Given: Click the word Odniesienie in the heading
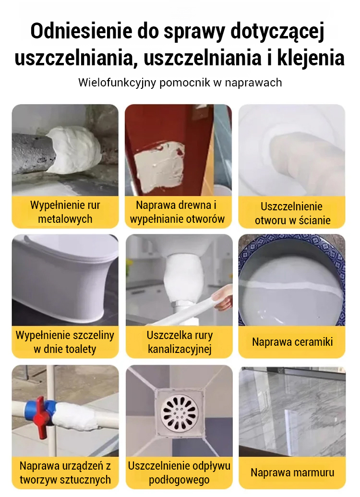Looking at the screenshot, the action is [x=81, y=31].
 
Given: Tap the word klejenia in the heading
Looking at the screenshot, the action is [x=311, y=58].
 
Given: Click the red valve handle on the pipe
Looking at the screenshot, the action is [x=41, y=416].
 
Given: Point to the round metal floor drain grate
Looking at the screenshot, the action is [x=179, y=411].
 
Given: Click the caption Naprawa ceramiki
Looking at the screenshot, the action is [x=292, y=342].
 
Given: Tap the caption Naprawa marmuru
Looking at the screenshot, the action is [x=292, y=473].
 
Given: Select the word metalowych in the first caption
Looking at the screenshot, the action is [x=65, y=219].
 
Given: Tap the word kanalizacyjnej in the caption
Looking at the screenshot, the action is [x=180, y=349].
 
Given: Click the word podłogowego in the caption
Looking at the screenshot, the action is [x=179, y=480].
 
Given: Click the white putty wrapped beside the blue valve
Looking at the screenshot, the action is [x=78, y=416].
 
